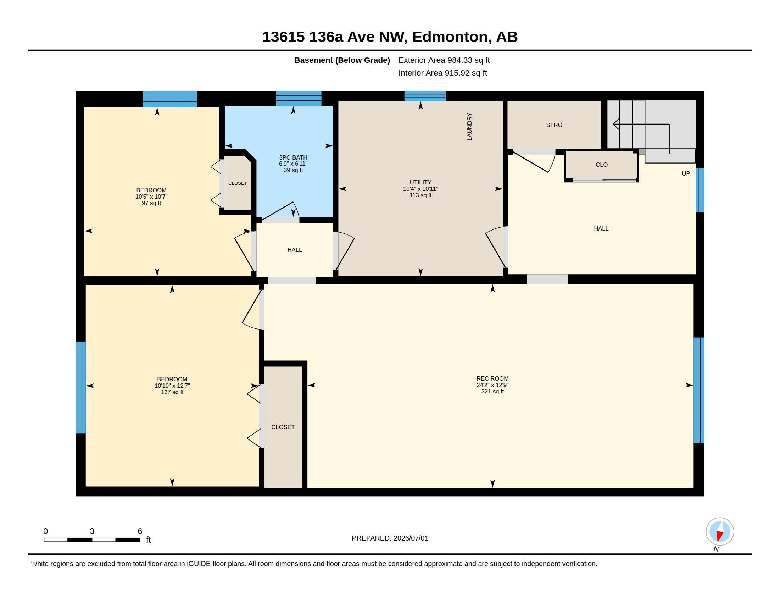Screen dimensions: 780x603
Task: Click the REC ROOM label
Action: (x=492, y=378)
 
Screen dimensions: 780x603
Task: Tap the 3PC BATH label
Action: (x=293, y=157)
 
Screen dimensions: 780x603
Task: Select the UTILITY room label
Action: (x=420, y=182)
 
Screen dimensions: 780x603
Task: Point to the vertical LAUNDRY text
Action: (x=469, y=127)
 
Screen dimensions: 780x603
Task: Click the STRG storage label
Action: (x=554, y=125)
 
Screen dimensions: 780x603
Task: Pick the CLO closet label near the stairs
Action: (x=601, y=165)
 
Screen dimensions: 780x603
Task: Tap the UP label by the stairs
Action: (x=686, y=173)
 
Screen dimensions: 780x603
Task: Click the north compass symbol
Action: (x=720, y=532)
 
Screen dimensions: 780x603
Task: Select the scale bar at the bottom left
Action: (x=92, y=540)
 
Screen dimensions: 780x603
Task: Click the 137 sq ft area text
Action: (x=172, y=392)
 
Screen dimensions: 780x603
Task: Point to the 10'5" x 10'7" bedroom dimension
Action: (x=151, y=197)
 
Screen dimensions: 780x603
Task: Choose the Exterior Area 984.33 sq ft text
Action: (x=444, y=60)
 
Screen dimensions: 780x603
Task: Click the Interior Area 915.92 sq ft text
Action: (x=442, y=73)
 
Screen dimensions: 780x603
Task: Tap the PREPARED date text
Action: (x=390, y=538)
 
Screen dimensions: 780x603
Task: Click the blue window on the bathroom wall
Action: (x=299, y=98)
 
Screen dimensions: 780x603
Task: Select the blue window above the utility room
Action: (x=425, y=96)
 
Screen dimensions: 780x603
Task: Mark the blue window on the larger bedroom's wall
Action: (x=81, y=388)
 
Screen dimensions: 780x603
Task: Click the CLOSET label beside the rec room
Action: (x=283, y=427)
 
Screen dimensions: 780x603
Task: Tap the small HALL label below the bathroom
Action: (x=295, y=250)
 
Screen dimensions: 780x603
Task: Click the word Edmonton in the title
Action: (x=450, y=37)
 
